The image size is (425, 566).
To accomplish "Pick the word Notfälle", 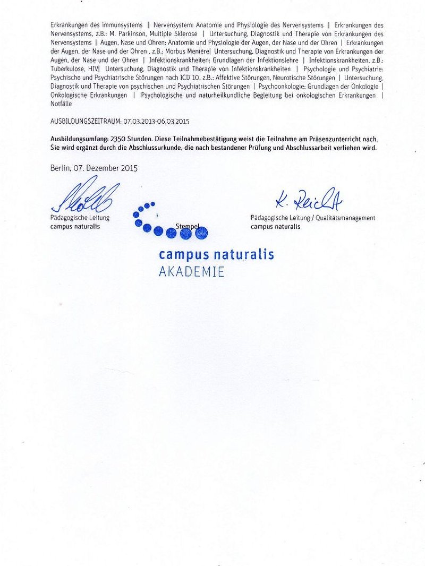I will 61,104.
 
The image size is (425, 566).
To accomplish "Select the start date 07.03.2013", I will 139,122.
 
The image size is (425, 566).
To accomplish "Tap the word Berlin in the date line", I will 60,168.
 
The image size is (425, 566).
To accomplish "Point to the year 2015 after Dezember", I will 129,168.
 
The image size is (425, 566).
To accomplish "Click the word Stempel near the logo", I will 188,226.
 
